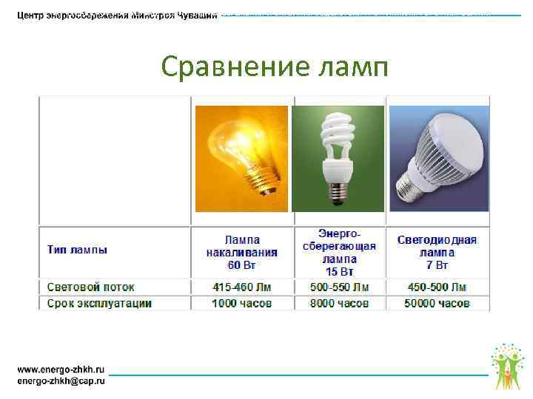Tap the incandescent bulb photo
click(241, 158)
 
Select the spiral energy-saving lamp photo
click(338, 158)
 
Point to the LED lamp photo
click(439, 158)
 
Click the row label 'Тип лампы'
click(78, 250)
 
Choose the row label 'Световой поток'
click(91, 287)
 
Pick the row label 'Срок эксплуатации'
click(100, 303)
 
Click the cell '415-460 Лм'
click(242, 287)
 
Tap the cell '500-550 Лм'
click(339, 287)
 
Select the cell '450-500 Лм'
click(437, 287)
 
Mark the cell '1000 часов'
click(242, 303)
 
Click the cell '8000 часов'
click(339, 303)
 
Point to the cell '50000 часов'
click(437, 303)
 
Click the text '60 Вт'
click(242, 264)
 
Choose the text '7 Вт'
click(437, 264)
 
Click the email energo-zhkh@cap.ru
click(61, 381)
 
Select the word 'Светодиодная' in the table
click(437, 240)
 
